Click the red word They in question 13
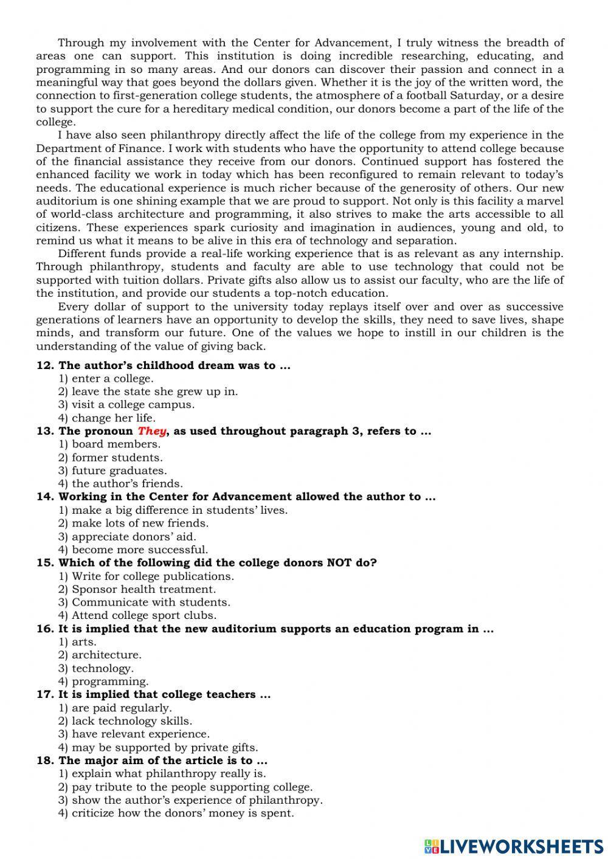click(151, 431)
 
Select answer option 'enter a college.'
click(112, 379)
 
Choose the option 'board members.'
click(116, 444)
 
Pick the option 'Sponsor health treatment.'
click(143, 589)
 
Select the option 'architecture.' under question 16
click(106, 655)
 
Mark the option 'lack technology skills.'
click(131, 721)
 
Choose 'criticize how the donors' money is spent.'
click(182, 813)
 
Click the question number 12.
click(46, 365)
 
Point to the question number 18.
click(46, 761)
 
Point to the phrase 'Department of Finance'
click(100, 148)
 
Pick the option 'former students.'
click(117, 458)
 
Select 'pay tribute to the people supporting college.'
click(192, 787)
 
